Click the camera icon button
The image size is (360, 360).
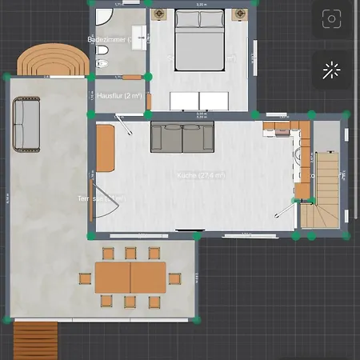(330, 21)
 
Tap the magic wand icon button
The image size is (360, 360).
(330, 70)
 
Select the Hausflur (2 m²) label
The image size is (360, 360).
(119, 96)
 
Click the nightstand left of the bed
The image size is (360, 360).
(158, 14)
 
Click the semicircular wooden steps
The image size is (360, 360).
(51, 60)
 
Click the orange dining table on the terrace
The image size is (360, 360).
(130, 278)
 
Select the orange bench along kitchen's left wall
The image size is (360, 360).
(106, 148)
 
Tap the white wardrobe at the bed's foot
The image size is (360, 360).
(199, 101)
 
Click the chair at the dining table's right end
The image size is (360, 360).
(174, 278)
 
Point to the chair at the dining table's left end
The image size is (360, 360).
(84, 278)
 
